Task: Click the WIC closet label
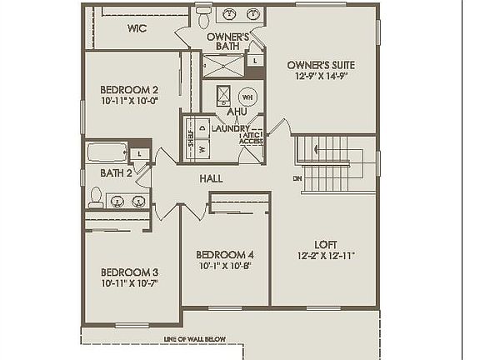point(137,28)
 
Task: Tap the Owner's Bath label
point(227,42)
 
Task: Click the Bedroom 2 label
point(129,89)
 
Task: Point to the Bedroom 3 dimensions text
point(129,283)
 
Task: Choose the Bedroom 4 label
point(224,254)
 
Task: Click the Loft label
point(325,244)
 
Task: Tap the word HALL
point(210,178)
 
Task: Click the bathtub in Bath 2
point(106,152)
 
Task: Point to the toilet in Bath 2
point(97,198)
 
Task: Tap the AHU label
point(237,112)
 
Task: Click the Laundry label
point(230,128)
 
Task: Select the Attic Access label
point(251,138)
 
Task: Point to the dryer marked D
point(202,128)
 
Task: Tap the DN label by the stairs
point(297,178)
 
